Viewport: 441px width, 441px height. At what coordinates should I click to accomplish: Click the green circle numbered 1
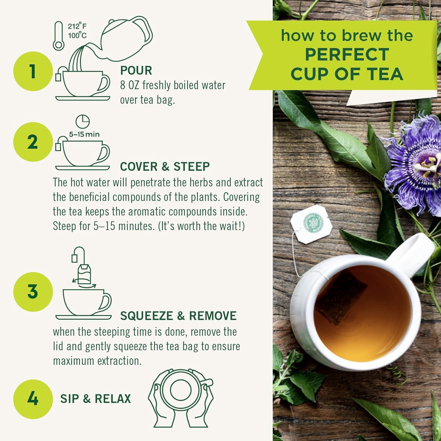(x=33, y=71)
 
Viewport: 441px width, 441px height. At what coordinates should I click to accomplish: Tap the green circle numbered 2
(x=33, y=142)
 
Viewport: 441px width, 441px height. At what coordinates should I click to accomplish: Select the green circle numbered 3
(x=33, y=292)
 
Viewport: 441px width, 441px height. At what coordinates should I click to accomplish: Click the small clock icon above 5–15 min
(x=82, y=121)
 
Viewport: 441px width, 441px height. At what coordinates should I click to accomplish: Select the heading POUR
(x=136, y=70)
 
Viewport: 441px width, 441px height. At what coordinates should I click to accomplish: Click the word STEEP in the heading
(x=191, y=167)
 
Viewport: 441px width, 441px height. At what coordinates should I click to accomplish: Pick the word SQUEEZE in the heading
(x=146, y=316)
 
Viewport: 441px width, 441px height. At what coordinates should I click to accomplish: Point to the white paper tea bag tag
(x=311, y=224)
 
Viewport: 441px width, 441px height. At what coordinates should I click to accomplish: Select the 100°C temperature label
(x=77, y=36)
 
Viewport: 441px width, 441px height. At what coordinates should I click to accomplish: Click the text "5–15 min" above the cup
(x=84, y=134)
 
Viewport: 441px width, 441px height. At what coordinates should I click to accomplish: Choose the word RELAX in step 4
(x=113, y=399)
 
